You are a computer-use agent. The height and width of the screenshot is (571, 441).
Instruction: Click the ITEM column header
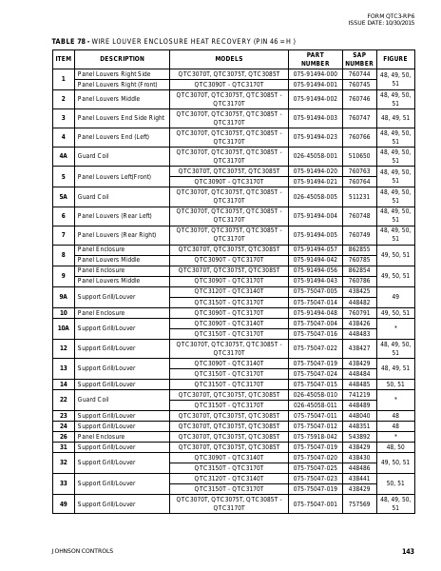(63, 58)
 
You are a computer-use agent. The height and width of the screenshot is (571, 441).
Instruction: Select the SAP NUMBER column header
(359, 58)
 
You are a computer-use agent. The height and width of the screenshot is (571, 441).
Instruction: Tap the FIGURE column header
(394, 58)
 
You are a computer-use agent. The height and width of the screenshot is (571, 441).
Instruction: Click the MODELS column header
(228, 58)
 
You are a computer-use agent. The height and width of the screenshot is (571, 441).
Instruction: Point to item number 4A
(63, 156)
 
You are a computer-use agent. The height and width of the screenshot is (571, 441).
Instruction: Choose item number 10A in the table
(63, 327)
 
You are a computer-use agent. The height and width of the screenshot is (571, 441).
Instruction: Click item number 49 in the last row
(63, 503)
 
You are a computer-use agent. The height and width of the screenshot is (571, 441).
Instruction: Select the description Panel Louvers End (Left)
(113, 136)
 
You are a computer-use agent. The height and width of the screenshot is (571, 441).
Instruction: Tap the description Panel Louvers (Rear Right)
(116, 234)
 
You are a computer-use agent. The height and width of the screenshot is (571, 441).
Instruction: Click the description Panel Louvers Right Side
(113, 73)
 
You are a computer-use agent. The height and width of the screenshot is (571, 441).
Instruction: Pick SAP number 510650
(359, 156)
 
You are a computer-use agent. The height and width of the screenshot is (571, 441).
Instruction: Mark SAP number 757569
(359, 503)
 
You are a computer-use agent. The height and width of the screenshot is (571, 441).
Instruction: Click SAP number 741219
(359, 394)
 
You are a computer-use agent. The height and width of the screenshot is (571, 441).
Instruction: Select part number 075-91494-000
(315, 73)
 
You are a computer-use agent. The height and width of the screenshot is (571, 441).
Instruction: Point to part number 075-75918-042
(315, 436)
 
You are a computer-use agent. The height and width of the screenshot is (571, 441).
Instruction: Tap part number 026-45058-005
(315, 196)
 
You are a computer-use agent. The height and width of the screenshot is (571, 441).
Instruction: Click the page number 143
(408, 551)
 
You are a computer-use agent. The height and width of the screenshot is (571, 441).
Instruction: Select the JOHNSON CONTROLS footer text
(82, 551)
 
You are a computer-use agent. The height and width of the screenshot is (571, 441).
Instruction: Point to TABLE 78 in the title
(67, 42)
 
